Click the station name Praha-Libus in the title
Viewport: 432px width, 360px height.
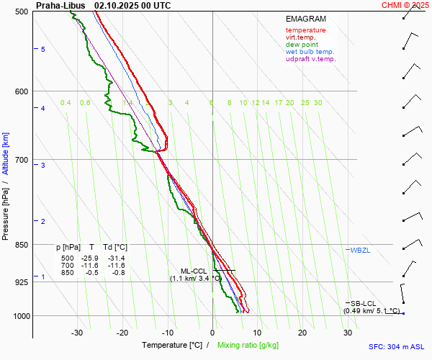(60, 5)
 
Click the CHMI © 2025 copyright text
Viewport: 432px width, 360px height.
(405, 5)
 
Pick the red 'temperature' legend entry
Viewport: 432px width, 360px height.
(305, 30)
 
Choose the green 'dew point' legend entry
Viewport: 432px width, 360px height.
(301, 45)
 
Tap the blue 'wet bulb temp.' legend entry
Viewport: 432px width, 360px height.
(310, 52)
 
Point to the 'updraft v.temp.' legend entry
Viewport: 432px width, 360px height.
(310, 59)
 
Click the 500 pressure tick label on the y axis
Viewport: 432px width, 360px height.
(22, 12)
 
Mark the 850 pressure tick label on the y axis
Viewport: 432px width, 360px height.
(22, 245)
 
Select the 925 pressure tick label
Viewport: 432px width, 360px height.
(22, 282)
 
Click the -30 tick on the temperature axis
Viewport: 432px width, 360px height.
(77, 333)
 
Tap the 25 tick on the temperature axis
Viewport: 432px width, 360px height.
(303, 333)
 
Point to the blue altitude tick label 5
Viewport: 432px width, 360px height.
(43, 49)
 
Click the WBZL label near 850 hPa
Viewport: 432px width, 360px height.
(359, 250)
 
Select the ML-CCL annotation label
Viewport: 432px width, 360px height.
(194, 271)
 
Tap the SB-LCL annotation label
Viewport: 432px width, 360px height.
(363, 304)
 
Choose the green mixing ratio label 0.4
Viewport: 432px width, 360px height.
(66, 103)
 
